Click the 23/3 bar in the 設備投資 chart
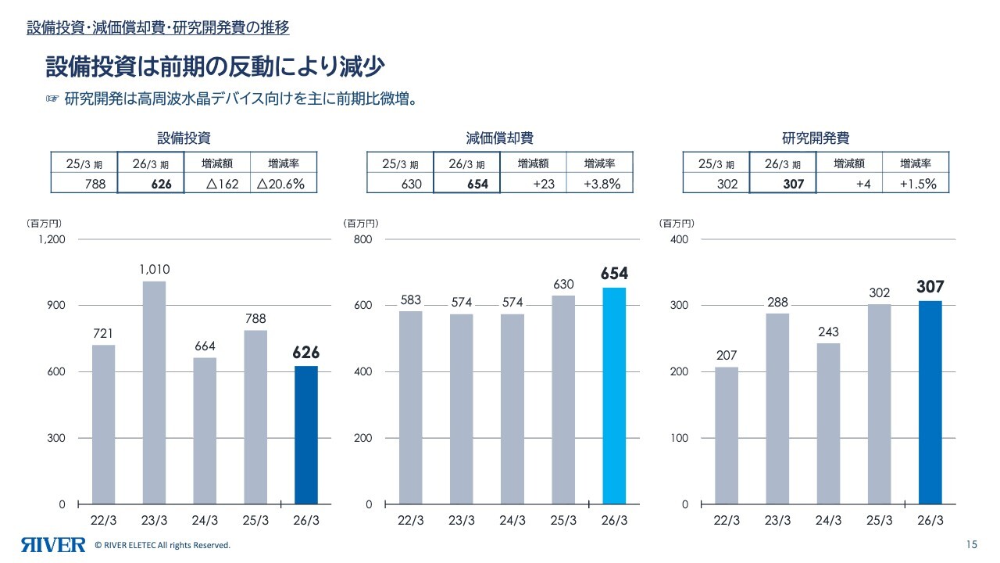(x=154, y=393)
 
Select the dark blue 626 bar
(x=306, y=435)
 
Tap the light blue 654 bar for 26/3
(x=614, y=396)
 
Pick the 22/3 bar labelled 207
(x=727, y=436)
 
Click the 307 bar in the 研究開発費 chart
(x=930, y=402)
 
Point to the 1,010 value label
(x=155, y=270)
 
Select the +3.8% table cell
(x=602, y=184)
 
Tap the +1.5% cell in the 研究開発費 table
(x=916, y=184)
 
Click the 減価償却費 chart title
(x=500, y=138)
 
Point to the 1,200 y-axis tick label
(x=51, y=239)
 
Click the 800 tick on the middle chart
(x=362, y=239)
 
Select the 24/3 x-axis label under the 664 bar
(x=205, y=522)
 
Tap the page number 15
(x=972, y=544)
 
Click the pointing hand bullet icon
(x=52, y=99)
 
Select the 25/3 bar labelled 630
(x=563, y=400)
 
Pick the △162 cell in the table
(x=216, y=184)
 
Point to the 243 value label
(x=828, y=332)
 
